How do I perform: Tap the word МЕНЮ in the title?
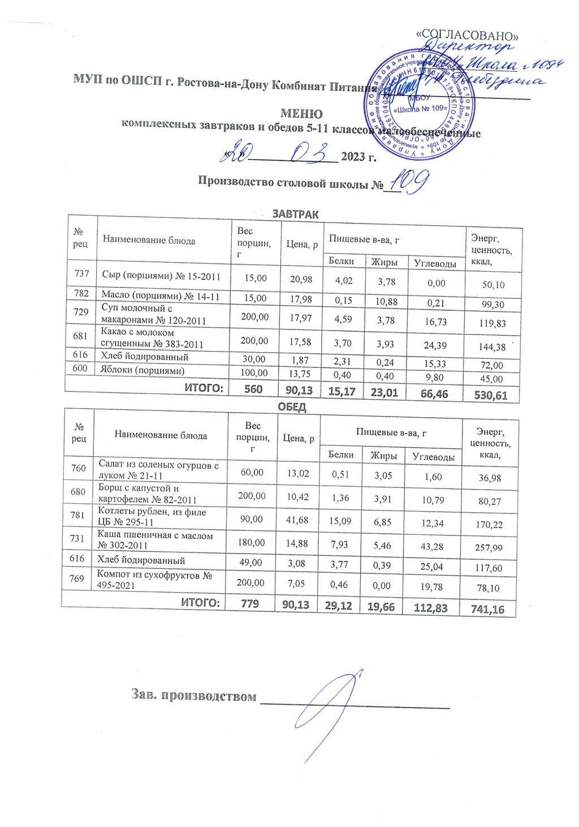pyautogui.click(x=301, y=114)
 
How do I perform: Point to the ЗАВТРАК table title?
pyautogui.click(x=296, y=215)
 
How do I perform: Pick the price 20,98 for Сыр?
pyautogui.click(x=301, y=278)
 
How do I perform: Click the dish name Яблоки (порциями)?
pyautogui.click(x=143, y=371)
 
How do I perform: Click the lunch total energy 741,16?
pyautogui.click(x=489, y=609)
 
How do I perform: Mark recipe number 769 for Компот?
pyautogui.click(x=77, y=578)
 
